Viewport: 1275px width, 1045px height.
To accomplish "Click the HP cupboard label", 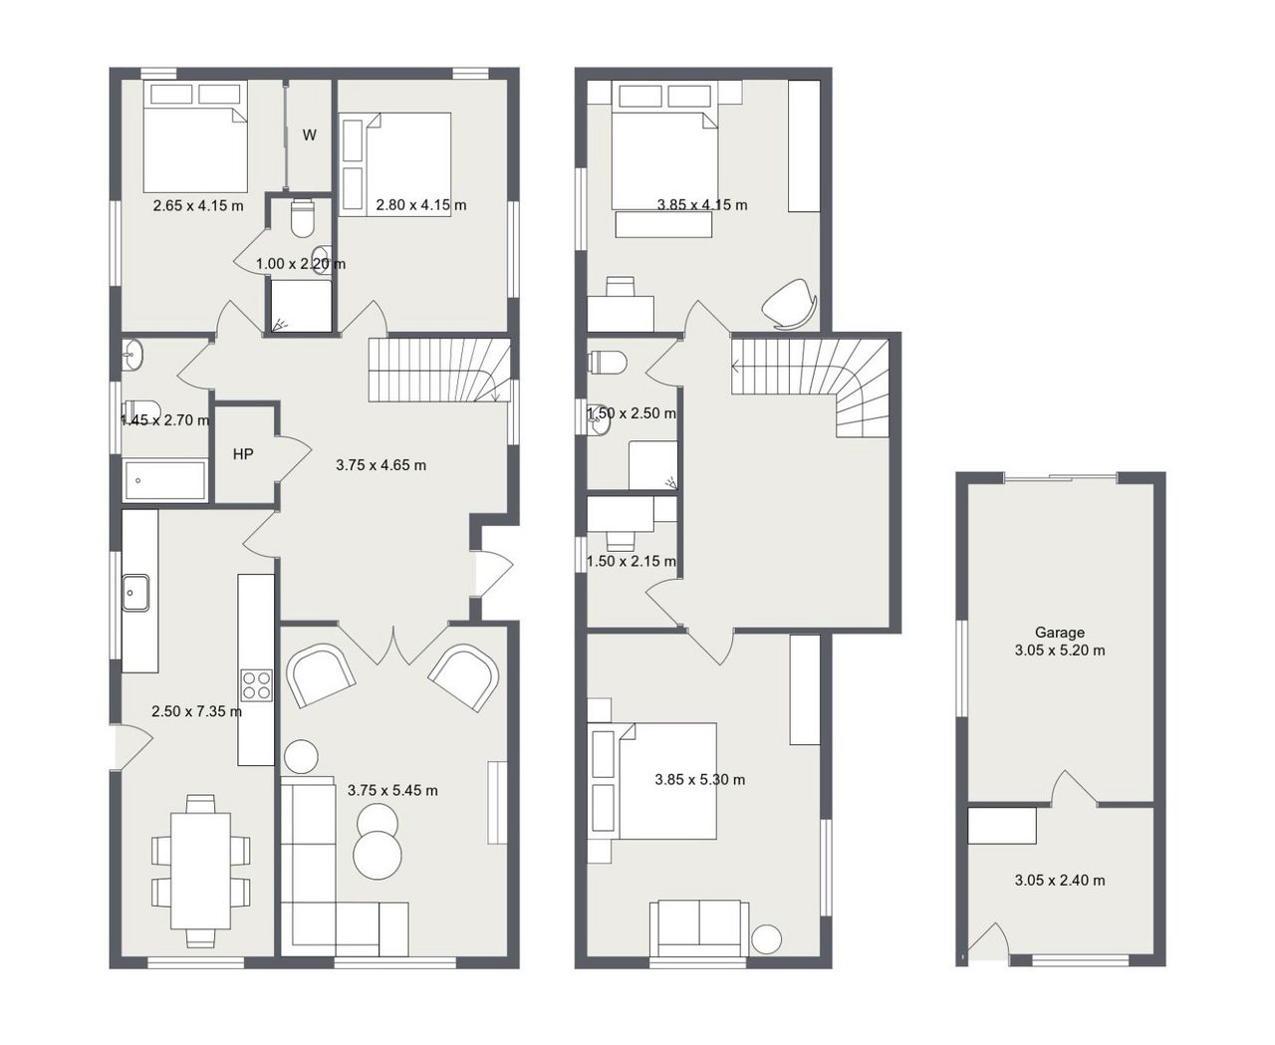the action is coord(243,454).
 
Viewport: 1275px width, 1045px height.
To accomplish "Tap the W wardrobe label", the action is coord(309,134).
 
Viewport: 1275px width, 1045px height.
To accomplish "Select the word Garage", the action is coord(1059,633).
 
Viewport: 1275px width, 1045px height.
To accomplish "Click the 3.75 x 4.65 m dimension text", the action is coord(381,465).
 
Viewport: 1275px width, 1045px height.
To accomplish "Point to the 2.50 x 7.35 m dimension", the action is coord(196,711).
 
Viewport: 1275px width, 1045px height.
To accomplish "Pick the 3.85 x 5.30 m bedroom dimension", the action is coord(700,780).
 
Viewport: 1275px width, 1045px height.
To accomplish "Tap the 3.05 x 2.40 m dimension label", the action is coord(1060,880).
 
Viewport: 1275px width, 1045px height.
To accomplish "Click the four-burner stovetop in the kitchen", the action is coord(256,685).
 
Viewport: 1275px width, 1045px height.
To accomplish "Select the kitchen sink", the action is coord(135,593).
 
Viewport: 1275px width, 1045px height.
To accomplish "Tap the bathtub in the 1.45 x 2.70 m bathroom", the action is coord(164,480).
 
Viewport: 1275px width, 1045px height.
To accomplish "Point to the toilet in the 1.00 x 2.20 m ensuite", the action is coord(302,218).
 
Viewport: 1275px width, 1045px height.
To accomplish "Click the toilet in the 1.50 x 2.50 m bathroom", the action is coord(608,363).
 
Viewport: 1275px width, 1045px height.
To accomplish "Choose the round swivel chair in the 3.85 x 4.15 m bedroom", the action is coord(790,305).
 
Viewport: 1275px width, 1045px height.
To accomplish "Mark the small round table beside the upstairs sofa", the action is coord(766,939).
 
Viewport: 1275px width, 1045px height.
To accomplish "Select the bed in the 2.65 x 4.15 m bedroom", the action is coord(195,136).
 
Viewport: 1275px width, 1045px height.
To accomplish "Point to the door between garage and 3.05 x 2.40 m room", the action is coord(1074,789).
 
